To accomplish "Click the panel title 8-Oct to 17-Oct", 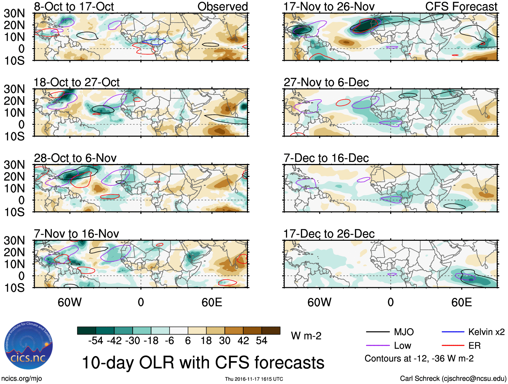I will (74, 7).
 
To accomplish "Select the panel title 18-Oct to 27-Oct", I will (76, 82).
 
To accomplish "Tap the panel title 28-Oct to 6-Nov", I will (75, 158).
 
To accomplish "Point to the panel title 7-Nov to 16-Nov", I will (76, 234).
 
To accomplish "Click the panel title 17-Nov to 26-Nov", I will (329, 7).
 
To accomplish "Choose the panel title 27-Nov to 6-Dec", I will (326, 82).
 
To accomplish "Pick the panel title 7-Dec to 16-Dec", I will (326, 158).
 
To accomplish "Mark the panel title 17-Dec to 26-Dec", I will (329, 234).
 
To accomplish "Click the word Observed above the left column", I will (222, 7).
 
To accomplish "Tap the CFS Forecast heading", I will (461, 7).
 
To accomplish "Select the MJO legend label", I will (404, 332).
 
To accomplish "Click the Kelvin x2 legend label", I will (486, 332).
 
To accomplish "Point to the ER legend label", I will (474, 346).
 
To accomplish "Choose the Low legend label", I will (402, 346).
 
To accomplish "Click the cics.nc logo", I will (29, 346).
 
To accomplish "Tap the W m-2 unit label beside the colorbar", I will (306, 336).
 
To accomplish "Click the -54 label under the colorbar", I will (96, 341).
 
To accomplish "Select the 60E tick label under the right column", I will (461, 302).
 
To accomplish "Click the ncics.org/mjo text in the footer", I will (22, 379).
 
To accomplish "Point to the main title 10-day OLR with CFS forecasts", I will (203, 363).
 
